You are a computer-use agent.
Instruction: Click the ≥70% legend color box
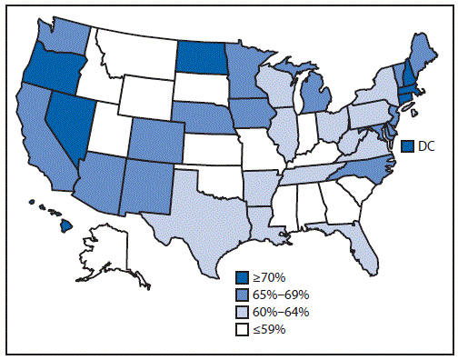click(x=242, y=277)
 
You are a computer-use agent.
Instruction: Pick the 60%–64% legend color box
click(x=242, y=312)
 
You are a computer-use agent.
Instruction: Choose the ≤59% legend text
click(x=271, y=329)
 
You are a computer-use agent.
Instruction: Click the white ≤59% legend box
click(x=242, y=329)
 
